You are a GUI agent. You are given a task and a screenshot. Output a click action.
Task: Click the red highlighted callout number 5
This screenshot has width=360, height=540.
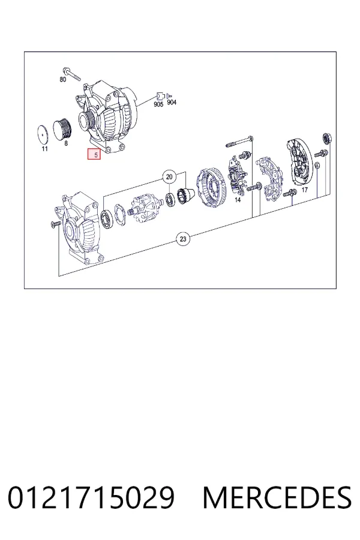[94, 154]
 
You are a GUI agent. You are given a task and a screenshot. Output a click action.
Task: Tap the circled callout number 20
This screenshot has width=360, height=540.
[169, 177]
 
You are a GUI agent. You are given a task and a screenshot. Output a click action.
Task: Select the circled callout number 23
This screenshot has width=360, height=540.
[183, 239]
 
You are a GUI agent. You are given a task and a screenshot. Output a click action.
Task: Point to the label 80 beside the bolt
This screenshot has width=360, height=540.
[62, 80]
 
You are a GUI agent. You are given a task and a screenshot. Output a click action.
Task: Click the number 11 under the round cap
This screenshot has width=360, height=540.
[44, 149]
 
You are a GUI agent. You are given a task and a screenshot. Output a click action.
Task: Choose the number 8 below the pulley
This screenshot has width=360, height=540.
[66, 143]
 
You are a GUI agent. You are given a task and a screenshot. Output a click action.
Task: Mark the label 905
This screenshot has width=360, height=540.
[158, 104]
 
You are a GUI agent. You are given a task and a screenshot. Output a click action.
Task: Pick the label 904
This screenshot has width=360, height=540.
[172, 102]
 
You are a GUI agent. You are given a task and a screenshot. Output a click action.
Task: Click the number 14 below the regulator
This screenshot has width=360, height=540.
[238, 200]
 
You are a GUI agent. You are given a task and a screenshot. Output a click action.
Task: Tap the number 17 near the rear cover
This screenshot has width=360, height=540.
[305, 190]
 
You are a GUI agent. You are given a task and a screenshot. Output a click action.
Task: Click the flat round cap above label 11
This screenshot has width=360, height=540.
[43, 134]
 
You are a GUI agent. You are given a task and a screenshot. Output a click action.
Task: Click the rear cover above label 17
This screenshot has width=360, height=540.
[300, 162]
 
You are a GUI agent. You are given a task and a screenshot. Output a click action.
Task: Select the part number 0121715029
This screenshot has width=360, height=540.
[91, 497]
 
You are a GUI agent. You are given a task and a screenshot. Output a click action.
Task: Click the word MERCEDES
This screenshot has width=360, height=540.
[278, 497]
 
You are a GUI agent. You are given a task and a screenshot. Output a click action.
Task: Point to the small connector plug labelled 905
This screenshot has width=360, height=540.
[160, 96]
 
